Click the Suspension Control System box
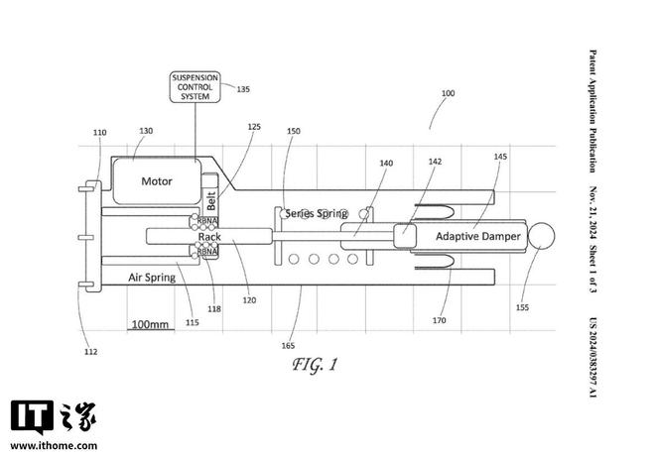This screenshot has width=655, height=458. click(196, 87)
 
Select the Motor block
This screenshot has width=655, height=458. click(157, 181)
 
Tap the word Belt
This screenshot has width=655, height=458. click(211, 200)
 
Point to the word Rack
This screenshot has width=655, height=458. click(209, 237)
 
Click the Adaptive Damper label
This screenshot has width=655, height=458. click(478, 237)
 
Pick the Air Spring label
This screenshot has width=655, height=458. click(152, 278)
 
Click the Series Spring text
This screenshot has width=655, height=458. click(317, 213)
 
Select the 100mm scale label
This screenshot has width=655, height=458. click(151, 324)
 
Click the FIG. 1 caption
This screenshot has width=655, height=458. click(315, 365)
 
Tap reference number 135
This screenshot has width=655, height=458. click(243, 89)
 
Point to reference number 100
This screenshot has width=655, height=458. click(448, 93)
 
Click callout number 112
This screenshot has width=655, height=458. click(90, 352)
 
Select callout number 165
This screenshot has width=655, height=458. click(288, 345)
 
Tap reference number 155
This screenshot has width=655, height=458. click(522, 307)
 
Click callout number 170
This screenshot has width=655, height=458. click(439, 320)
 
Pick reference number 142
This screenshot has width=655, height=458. click(435, 162)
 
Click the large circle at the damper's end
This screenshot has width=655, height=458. click(542, 236)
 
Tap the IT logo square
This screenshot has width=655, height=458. click(32, 416)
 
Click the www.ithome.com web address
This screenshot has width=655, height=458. click(54, 445)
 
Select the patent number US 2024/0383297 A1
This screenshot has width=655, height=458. click(592, 358)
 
